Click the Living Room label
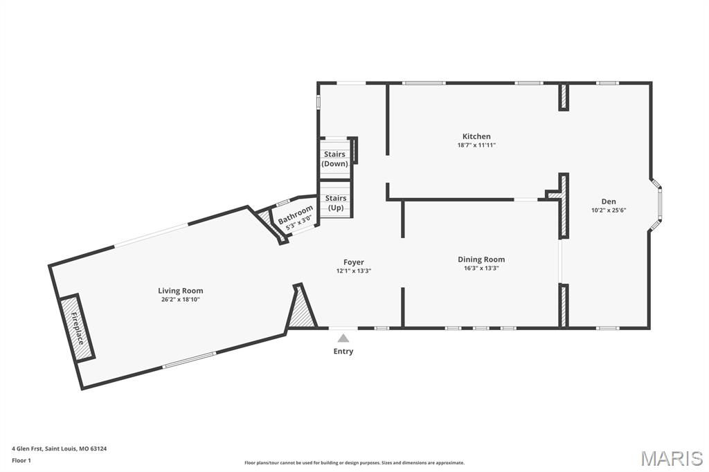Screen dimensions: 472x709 click(180, 291)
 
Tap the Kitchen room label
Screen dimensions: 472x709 click(476, 136)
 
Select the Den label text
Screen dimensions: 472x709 click(609, 201)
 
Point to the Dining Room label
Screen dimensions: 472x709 click(481, 260)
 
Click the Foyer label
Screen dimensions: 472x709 click(353, 262)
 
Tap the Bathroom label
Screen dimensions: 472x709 click(296, 215)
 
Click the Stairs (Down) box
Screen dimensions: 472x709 click(335, 158)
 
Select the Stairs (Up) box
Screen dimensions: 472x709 click(336, 203)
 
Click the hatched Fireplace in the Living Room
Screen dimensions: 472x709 click(76, 327)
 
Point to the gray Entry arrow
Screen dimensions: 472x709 click(343, 338)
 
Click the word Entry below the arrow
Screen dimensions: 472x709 click(343, 352)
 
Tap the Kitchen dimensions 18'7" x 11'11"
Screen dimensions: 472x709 click(476, 145)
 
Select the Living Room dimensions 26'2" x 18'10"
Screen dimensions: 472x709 click(180, 300)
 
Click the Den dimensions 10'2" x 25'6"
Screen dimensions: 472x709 click(609, 210)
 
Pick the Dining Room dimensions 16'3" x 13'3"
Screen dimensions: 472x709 click(481, 269)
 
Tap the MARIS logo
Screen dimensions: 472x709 click(671, 458)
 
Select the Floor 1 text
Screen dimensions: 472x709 click(22, 460)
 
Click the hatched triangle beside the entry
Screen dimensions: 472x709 click(301, 310)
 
